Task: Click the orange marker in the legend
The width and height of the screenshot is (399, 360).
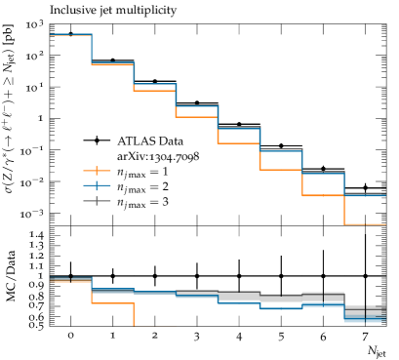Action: [97, 171]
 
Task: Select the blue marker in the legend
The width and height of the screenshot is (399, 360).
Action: [97, 185]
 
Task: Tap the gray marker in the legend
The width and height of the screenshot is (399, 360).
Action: [97, 201]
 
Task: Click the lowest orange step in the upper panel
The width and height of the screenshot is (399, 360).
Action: [365, 224]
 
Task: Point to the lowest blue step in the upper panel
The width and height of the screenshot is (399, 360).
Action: [365, 194]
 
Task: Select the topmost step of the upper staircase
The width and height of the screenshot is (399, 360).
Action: [71, 35]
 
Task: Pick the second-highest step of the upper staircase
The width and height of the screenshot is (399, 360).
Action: [112, 63]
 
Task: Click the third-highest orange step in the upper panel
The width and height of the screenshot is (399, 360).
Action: [154, 90]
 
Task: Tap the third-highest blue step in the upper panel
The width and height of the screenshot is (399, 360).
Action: [154, 84]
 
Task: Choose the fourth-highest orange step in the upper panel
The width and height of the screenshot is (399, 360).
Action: [196, 117]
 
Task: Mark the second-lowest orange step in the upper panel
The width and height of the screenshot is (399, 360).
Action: [323, 195]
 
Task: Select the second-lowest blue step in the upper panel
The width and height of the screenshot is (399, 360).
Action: [323, 173]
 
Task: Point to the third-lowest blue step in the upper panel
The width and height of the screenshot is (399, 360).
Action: [281, 150]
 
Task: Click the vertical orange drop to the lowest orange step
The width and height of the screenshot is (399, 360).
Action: [344, 210]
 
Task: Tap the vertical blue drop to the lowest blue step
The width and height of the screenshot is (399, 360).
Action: [344, 183]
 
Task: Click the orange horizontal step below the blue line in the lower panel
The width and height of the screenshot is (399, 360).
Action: [112, 303]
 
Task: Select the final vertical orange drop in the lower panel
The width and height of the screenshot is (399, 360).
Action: [134, 314]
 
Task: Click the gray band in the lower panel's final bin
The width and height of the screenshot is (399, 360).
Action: [365, 310]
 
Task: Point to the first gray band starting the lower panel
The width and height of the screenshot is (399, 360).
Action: [60, 279]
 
